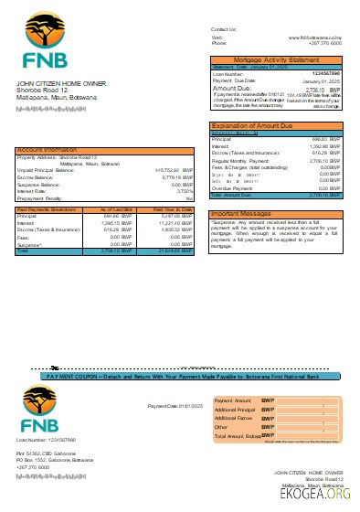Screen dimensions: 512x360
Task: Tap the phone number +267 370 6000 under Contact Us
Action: [325, 43]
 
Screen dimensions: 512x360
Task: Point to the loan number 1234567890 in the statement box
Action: [325, 73]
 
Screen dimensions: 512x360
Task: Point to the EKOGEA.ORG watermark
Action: [321, 495]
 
